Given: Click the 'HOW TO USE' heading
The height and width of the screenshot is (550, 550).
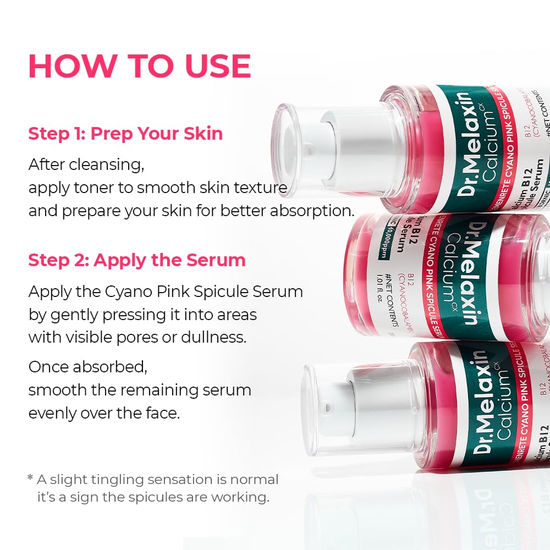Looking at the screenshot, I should pyautogui.click(x=140, y=66).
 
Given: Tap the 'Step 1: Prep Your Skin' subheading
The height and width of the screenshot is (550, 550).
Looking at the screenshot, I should pyautogui.click(x=125, y=134).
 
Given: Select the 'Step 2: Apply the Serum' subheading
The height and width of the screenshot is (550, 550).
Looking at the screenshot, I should pyautogui.click(x=137, y=260).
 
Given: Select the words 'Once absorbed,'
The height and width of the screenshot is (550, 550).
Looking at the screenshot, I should pyautogui.click(x=88, y=367).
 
